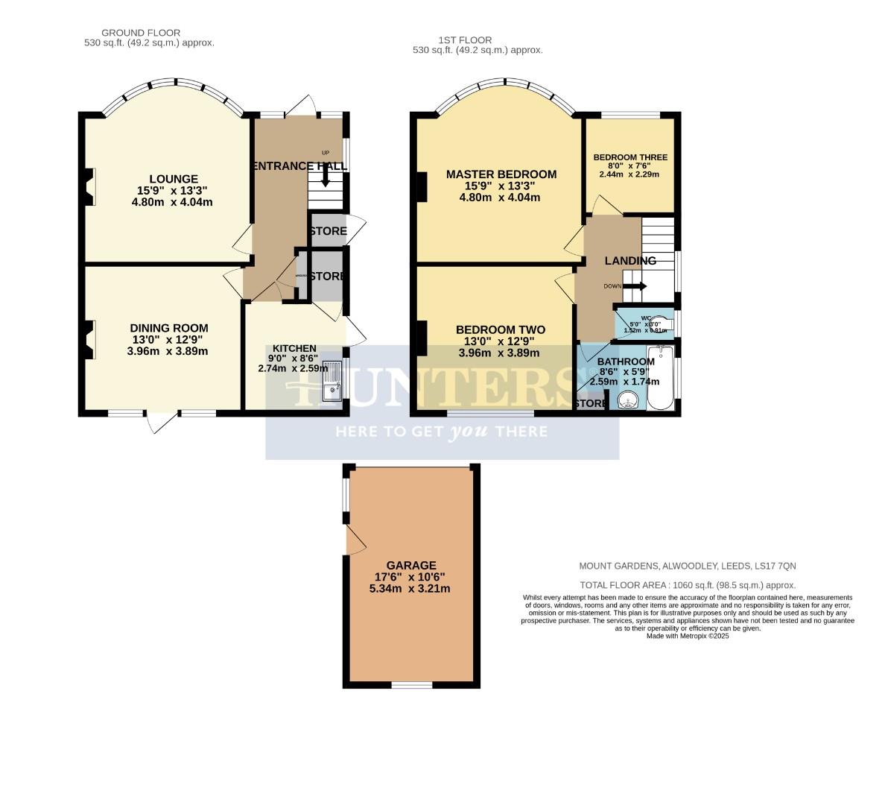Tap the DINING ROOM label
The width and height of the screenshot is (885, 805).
click(169, 328)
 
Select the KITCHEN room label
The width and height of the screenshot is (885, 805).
click(294, 348)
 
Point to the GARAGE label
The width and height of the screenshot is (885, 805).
click(410, 565)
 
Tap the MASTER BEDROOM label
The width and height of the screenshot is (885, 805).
click(501, 174)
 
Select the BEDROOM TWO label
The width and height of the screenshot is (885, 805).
click(500, 329)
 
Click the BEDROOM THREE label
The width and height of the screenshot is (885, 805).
click(630, 157)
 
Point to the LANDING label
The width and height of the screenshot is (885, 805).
click(630, 261)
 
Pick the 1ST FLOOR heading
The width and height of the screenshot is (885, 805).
click(466, 40)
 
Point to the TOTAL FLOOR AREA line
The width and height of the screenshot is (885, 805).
click(688, 586)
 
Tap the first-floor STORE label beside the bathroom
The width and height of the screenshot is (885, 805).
click(591, 403)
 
